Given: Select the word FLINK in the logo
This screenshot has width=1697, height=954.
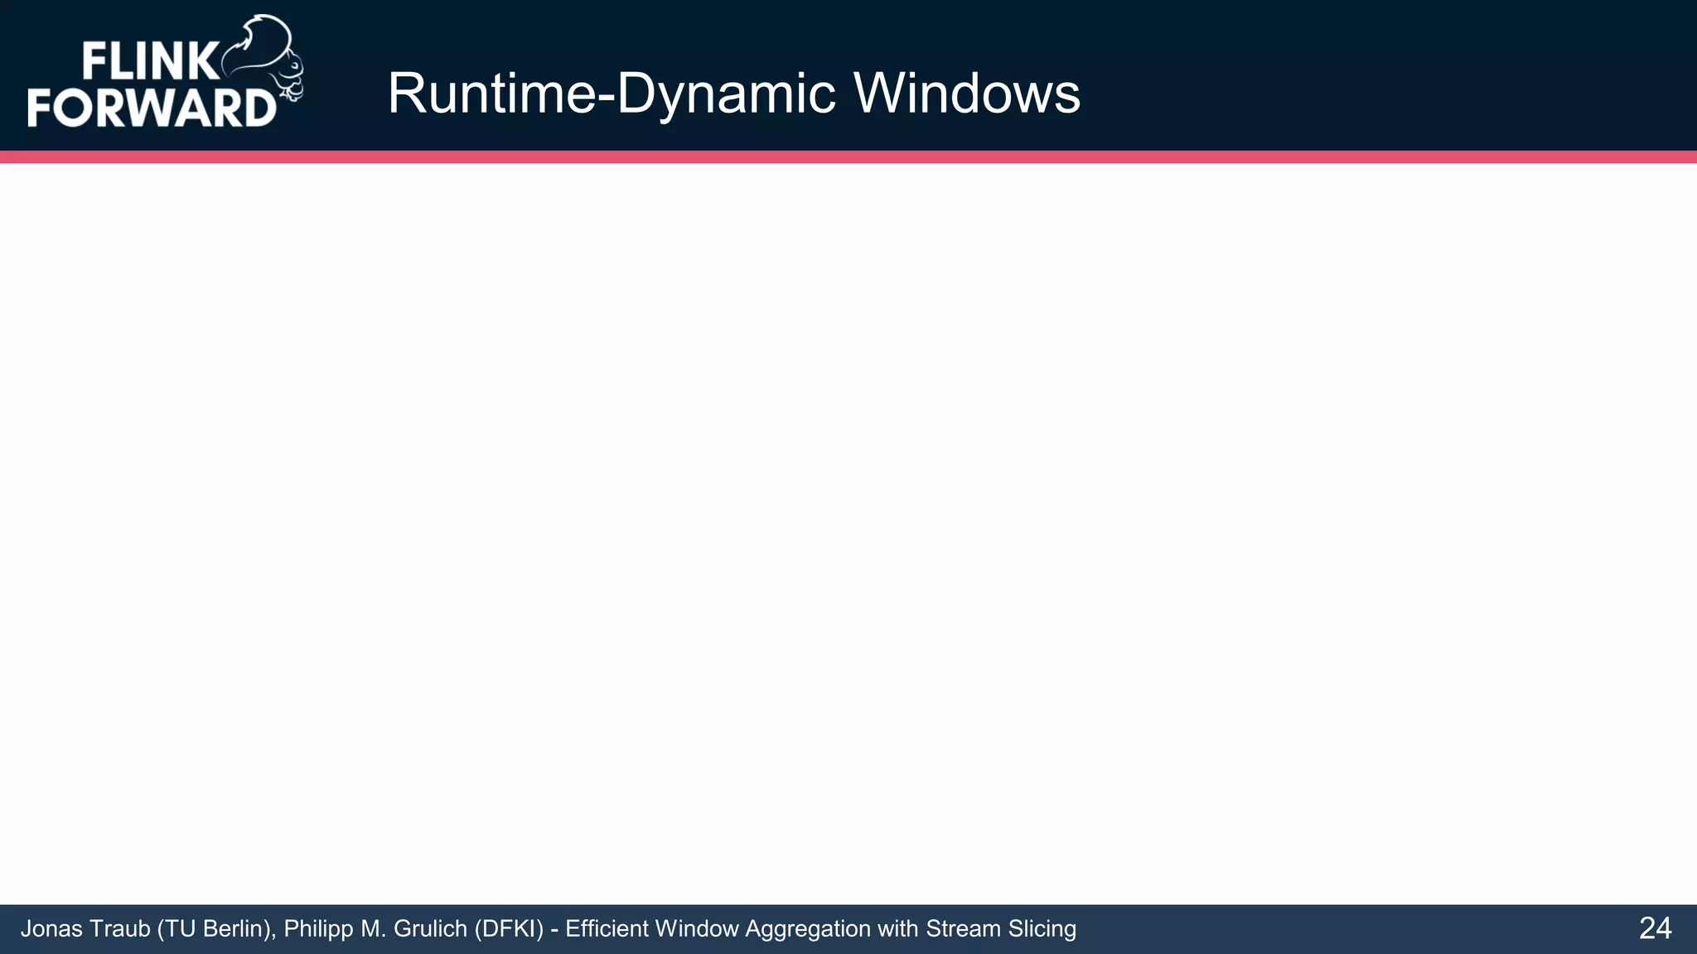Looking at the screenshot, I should tap(150, 62).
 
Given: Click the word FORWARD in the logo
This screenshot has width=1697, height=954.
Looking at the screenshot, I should tap(152, 108).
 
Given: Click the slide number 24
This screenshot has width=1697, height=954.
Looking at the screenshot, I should tap(1655, 928).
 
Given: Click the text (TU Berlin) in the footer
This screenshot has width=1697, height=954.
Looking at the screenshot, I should tap(214, 929).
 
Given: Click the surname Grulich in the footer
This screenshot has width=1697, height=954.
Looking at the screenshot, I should tap(431, 929).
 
